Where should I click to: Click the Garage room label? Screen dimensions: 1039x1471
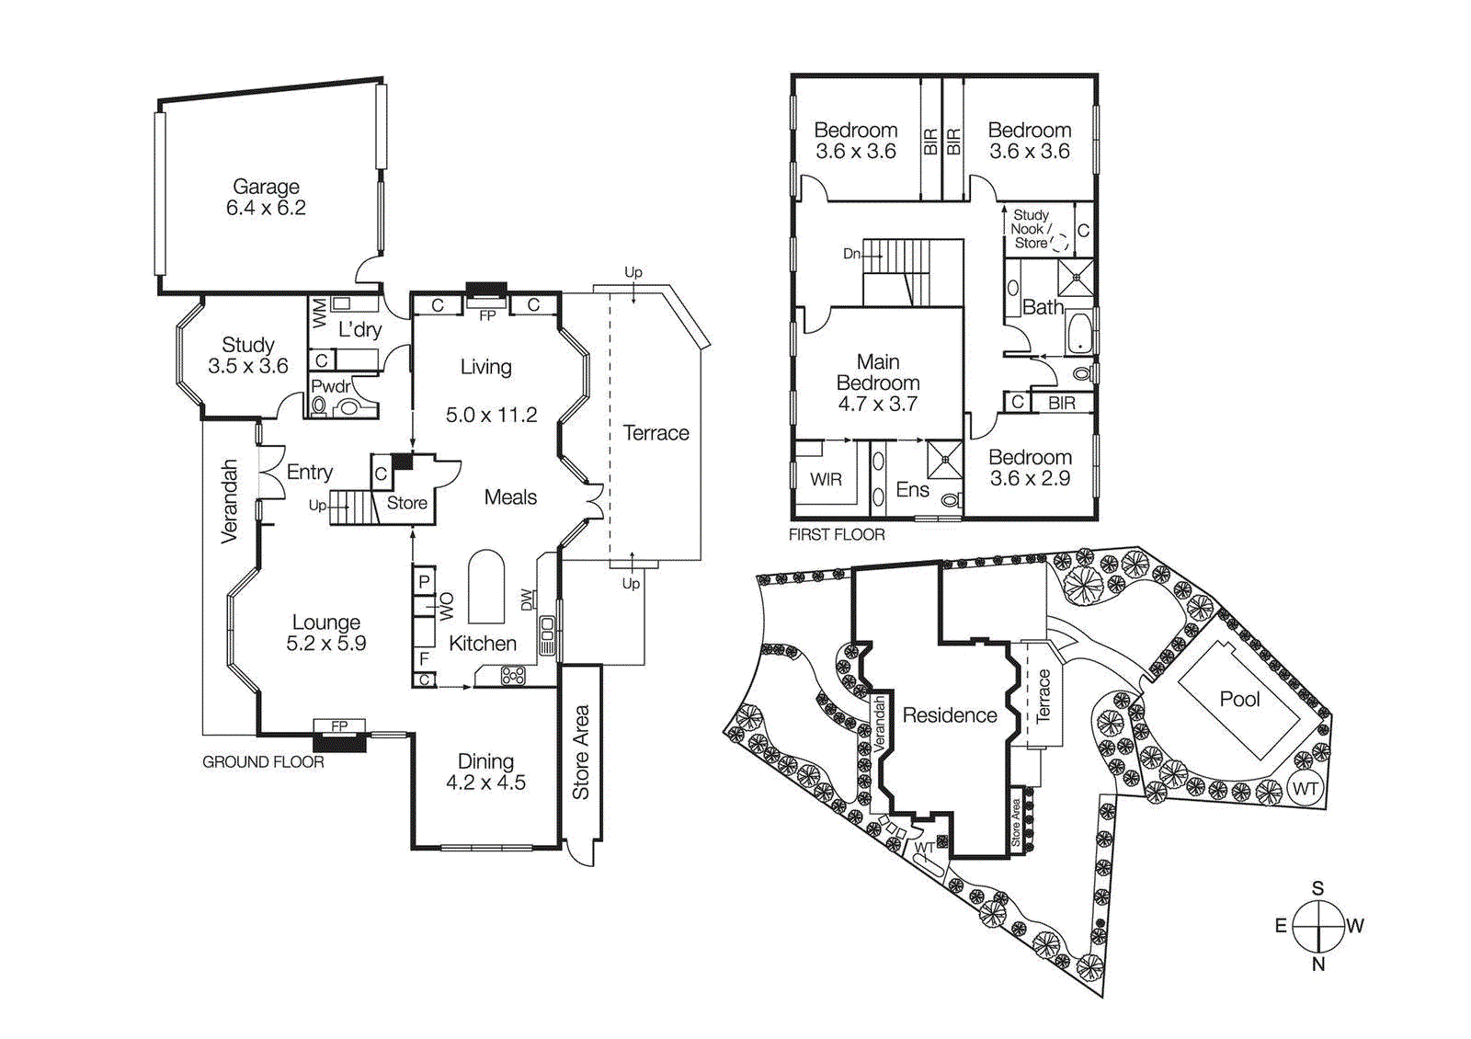click(x=266, y=197)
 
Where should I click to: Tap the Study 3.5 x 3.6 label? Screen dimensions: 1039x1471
click(x=248, y=355)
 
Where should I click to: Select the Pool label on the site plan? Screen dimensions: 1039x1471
click(x=1239, y=699)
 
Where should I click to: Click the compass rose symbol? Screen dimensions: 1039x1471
click(x=1318, y=926)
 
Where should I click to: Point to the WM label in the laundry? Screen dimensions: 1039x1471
click(x=320, y=313)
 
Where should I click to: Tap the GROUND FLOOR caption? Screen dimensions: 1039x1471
click(x=263, y=762)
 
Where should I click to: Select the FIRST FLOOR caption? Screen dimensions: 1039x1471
click(x=837, y=534)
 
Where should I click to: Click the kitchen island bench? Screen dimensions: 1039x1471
click(x=486, y=587)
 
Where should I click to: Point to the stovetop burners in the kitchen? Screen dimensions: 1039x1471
click(x=513, y=677)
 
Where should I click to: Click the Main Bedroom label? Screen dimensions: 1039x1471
click(x=877, y=382)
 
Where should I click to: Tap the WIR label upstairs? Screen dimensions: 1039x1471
click(x=826, y=479)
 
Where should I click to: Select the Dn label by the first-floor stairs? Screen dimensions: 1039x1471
click(x=851, y=254)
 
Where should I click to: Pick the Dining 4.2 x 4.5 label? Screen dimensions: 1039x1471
click(x=485, y=771)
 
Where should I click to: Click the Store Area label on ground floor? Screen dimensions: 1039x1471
click(x=581, y=752)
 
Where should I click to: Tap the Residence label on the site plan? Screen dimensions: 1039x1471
click(x=950, y=715)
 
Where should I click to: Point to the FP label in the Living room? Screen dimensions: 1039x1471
click(x=487, y=315)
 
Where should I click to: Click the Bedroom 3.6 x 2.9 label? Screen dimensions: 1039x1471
click(x=1030, y=467)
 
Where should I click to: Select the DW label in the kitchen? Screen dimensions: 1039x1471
click(x=527, y=599)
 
